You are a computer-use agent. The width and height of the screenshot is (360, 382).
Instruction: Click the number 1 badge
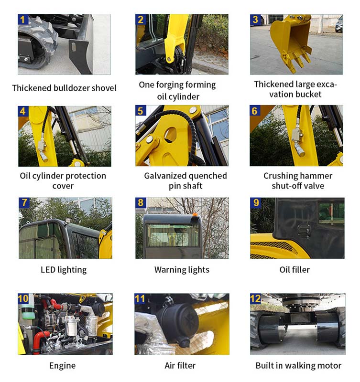(23, 20)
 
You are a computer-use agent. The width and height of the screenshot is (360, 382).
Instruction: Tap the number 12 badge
(255, 298)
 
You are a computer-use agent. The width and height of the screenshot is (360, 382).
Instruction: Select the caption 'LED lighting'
(64, 270)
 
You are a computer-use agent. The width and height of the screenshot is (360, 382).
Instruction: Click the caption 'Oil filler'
(295, 270)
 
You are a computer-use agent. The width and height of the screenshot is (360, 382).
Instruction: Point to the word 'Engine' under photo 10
(63, 366)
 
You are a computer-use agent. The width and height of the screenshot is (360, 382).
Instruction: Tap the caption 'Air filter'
(180, 365)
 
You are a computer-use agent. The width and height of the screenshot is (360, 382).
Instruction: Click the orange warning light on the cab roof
(195, 214)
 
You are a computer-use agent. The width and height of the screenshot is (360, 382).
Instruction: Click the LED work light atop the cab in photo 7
(68, 220)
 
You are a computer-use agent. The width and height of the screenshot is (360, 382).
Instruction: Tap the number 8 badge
(141, 202)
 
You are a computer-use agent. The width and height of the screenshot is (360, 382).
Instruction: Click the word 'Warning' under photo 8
(169, 270)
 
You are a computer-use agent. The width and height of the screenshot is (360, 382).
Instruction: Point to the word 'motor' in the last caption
(330, 366)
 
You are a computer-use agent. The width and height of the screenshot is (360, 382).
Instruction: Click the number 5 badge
(141, 111)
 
